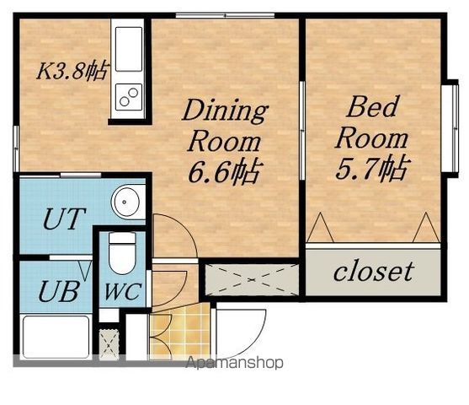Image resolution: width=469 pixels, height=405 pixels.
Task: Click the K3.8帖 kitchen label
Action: point(72,71)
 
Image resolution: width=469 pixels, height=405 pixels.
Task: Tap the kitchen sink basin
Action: point(129,49)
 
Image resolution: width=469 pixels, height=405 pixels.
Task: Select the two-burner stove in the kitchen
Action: point(129,96)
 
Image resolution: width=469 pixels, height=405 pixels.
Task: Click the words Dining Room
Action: point(225,126)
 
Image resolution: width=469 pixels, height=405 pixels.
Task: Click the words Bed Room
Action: point(372,122)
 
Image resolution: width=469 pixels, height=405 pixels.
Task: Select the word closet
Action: point(374,272)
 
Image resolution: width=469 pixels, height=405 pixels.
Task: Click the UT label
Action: point(64,219)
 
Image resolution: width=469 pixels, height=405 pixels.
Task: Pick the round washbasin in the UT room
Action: point(125,202)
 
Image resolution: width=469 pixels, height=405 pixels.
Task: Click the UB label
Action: point(59,291)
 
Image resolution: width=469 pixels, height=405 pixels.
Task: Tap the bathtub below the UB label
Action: point(56,337)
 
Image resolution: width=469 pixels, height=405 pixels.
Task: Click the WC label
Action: point(123,292)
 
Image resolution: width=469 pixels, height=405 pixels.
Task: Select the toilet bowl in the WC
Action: point(122,253)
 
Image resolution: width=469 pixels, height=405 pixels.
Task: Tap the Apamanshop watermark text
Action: point(234,363)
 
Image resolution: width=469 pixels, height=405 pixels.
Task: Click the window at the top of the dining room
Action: point(225,15)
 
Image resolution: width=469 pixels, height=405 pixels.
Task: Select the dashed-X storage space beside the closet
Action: point(252,279)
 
